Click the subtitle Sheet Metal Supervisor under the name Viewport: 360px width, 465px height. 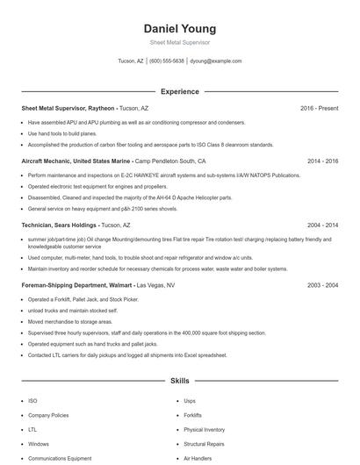tap(179, 42)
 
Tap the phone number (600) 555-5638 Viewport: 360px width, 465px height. tap(167, 61)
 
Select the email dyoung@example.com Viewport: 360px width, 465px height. tap(215, 61)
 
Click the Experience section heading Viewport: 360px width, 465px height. tap(179, 91)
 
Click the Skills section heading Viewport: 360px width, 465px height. tap(179, 382)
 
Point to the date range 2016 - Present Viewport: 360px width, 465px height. tap(319, 108)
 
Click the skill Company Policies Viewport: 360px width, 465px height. tap(47, 414)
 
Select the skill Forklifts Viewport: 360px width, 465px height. tap(193, 414)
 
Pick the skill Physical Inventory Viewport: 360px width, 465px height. tap(204, 429)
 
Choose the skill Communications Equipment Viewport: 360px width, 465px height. tap(60, 458)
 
